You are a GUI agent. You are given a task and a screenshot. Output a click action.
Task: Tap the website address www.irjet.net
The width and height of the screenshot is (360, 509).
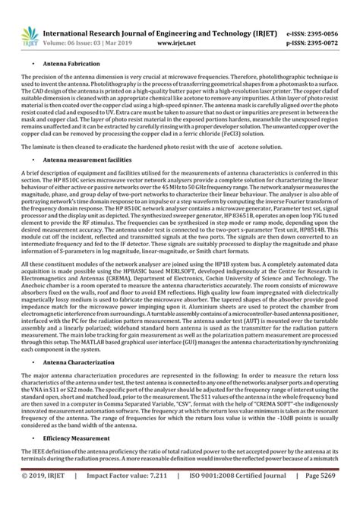177,23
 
